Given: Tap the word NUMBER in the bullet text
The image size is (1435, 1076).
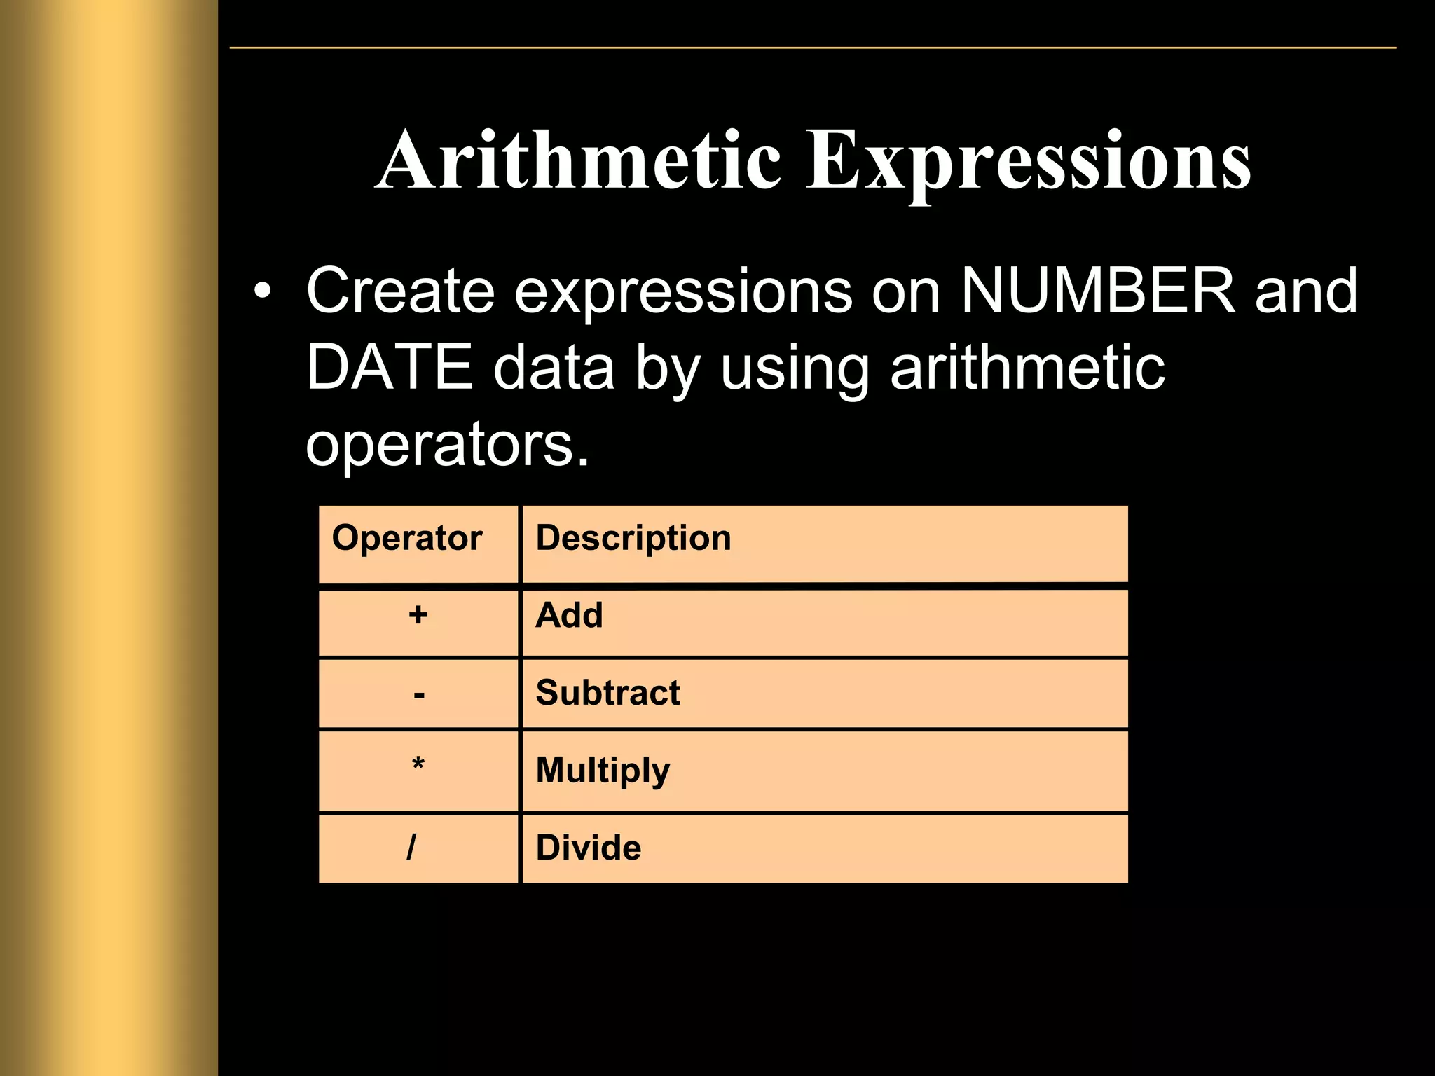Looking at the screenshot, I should pyautogui.click(x=1097, y=290).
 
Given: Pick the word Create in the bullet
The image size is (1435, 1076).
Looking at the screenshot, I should pyautogui.click(x=400, y=290).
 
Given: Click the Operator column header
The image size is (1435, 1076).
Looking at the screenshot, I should pyautogui.click(x=407, y=538).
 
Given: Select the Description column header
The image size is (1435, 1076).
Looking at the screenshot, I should pyautogui.click(x=633, y=538).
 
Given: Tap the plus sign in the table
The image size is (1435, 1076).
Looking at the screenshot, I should pyautogui.click(x=418, y=615).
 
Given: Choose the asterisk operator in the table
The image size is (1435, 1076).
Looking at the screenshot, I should pyautogui.click(x=418, y=765).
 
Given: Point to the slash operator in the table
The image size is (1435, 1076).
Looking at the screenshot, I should pyautogui.click(x=411, y=847).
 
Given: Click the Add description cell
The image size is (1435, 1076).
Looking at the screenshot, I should pyautogui.click(x=569, y=615).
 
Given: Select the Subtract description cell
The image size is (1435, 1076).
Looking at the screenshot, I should pyautogui.click(x=607, y=693).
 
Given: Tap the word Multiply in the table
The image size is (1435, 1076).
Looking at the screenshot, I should pyautogui.click(x=603, y=771).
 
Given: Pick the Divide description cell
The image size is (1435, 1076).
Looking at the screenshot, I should pyautogui.click(x=588, y=848).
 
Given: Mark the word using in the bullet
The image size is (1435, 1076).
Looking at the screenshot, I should pyautogui.click(x=795, y=368).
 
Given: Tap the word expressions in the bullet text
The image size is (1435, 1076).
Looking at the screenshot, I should pyautogui.click(x=683, y=291).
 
